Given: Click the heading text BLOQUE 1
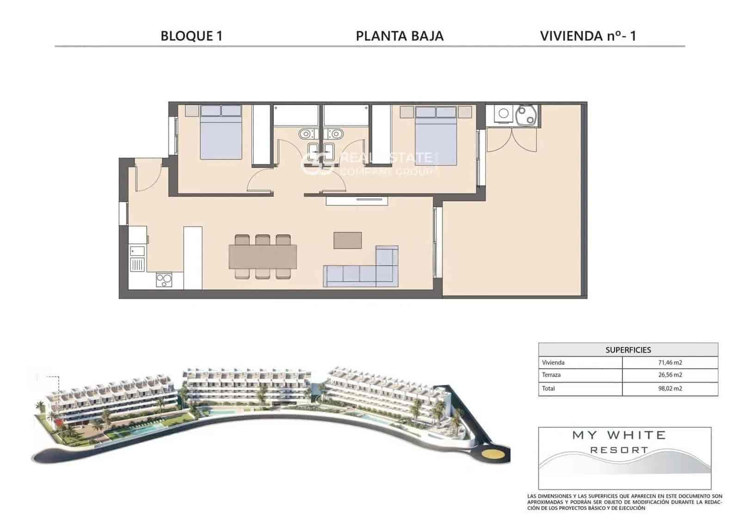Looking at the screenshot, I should (x=191, y=36).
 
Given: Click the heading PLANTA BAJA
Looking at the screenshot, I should (x=400, y=36).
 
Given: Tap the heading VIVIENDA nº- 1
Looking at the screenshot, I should (x=588, y=36).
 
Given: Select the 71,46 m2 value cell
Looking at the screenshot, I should (x=670, y=363).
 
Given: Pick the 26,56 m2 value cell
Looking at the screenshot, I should (x=670, y=375).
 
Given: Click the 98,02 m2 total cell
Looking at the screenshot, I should (x=670, y=389).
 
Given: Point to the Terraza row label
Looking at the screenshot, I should (x=551, y=375).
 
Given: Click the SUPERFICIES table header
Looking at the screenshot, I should (x=628, y=350).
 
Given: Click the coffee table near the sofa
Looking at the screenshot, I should (x=347, y=240).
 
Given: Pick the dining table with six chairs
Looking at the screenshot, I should (x=263, y=257).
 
